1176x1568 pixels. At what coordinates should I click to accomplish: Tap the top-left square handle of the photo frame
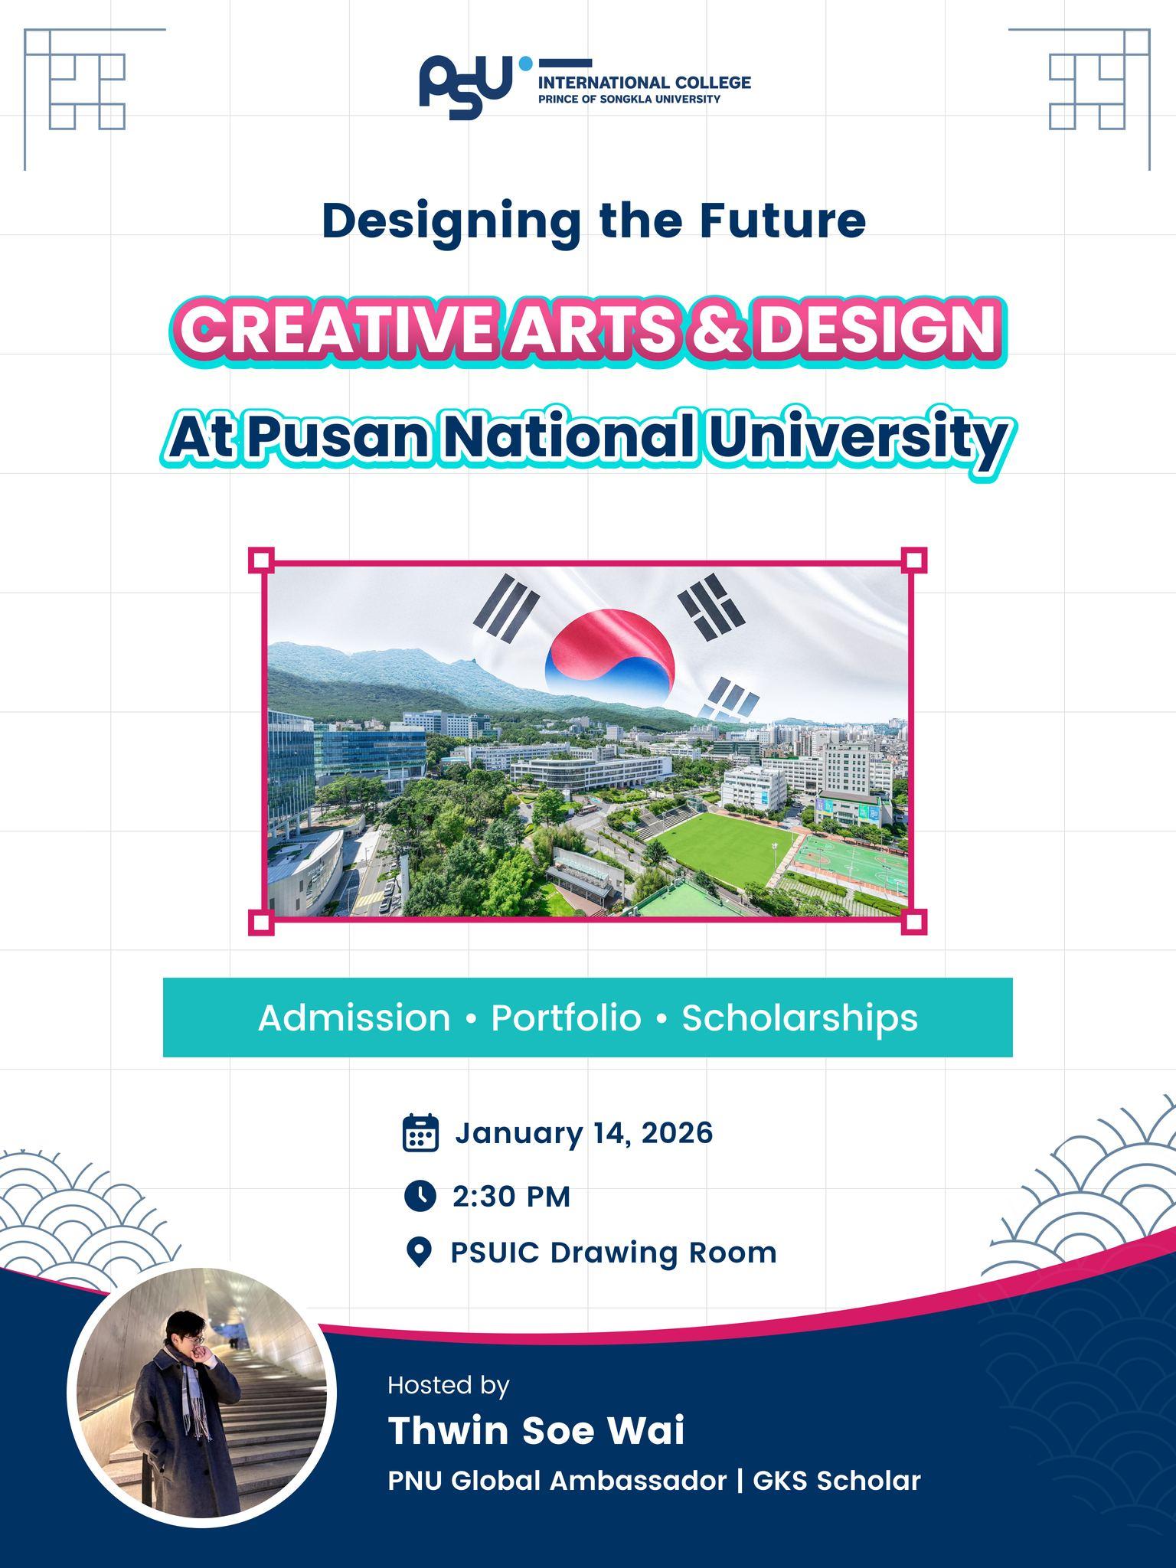coord(261,560)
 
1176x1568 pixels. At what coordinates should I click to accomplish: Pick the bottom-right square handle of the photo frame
coord(913,921)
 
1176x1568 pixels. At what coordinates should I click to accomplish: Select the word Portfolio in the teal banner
coord(566,1018)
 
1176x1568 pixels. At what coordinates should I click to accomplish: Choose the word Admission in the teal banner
coord(354,1018)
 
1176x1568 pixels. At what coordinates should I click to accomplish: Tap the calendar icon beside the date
coord(420,1132)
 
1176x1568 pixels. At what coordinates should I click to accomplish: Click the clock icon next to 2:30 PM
coord(420,1195)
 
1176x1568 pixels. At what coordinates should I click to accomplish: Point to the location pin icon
coord(418,1253)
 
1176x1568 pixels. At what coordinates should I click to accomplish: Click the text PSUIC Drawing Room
coord(613,1253)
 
